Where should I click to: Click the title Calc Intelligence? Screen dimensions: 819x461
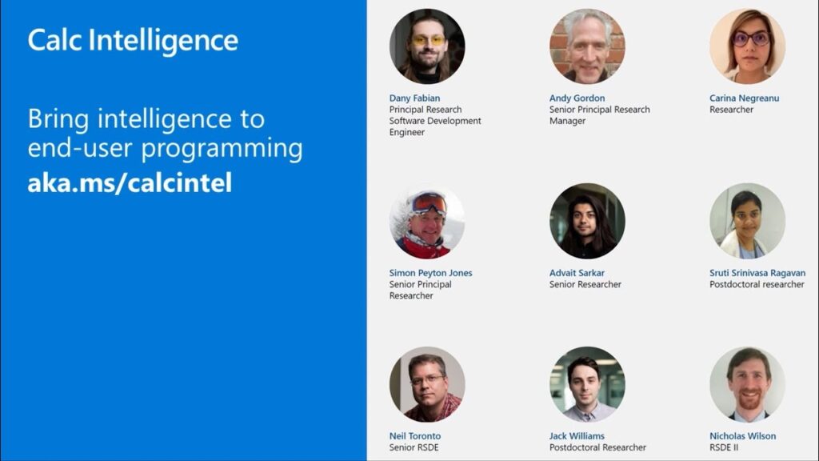(133, 41)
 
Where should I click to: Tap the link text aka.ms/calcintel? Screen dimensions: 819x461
(130, 182)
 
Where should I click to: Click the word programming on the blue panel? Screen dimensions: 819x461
(222, 149)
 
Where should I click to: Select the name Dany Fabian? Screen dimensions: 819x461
(414, 98)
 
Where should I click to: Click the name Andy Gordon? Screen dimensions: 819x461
(577, 98)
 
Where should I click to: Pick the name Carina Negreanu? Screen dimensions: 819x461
(744, 98)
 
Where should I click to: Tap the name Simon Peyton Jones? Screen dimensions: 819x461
(430, 273)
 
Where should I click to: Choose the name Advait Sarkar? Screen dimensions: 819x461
(577, 273)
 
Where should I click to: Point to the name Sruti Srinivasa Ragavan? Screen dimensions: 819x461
(757, 273)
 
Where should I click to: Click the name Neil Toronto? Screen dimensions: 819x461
(415, 436)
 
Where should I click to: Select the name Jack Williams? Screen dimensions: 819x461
(577, 436)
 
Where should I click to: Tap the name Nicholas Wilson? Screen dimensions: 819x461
(742, 436)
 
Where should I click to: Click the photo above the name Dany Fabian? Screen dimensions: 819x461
(427, 46)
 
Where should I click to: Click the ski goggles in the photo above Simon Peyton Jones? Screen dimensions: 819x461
(429, 203)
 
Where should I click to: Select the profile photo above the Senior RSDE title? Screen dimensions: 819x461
(427, 384)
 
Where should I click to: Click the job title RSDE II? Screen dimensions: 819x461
(724, 447)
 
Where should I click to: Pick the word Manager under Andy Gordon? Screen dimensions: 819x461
(567, 122)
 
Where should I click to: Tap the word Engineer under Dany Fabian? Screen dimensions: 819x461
(407, 133)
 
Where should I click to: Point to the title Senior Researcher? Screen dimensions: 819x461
(585, 284)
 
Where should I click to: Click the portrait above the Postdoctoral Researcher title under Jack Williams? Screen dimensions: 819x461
(587, 384)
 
